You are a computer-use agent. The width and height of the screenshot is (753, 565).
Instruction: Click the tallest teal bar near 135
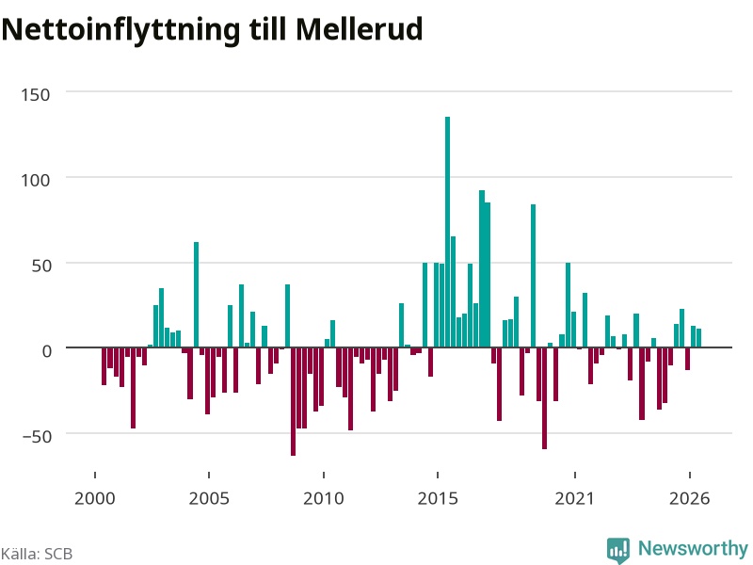pyautogui.click(x=448, y=232)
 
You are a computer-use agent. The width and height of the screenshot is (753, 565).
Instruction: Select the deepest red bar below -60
pyautogui.click(x=293, y=401)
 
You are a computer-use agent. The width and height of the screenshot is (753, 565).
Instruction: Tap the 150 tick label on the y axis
pyautogui.click(x=36, y=95)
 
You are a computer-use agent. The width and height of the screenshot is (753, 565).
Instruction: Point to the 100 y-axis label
pyautogui.click(x=36, y=180)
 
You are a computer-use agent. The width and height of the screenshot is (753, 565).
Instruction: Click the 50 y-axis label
pyautogui.click(x=41, y=266)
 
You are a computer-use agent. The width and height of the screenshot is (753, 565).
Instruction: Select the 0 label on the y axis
pyautogui.click(x=46, y=351)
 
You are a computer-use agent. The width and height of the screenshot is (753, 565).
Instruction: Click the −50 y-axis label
pyautogui.click(x=37, y=437)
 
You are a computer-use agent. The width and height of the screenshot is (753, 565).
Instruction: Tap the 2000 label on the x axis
pyautogui.click(x=95, y=498)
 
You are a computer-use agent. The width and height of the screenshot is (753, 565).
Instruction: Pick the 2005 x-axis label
pyautogui.click(x=209, y=498)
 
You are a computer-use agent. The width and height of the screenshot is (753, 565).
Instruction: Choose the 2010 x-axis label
pyautogui.click(x=324, y=498)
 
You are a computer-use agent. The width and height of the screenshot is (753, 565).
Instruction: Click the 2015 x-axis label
pyautogui.click(x=438, y=498)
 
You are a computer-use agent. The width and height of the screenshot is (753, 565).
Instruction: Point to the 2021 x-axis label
pyautogui.click(x=575, y=498)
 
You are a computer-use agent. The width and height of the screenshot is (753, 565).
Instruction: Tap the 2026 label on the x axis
pyautogui.click(x=690, y=498)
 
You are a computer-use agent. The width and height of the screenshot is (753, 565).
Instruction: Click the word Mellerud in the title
pyautogui.click(x=360, y=29)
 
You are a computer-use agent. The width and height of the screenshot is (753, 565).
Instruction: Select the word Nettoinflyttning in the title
pyautogui.click(x=120, y=30)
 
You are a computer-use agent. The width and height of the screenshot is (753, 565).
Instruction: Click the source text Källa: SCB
pyautogui.click(x=37, y=554)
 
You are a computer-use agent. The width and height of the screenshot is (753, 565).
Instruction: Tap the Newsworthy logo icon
pyautogui.click(x=618, y=550)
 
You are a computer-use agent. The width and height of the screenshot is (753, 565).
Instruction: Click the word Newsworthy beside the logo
pyautogui.click(x=693, y=548)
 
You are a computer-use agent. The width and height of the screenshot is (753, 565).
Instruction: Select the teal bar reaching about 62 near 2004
pyautogui.click(x=196, y=295)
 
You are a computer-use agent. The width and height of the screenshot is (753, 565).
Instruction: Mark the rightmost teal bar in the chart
pyautogui.click(x=698, y=338)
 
